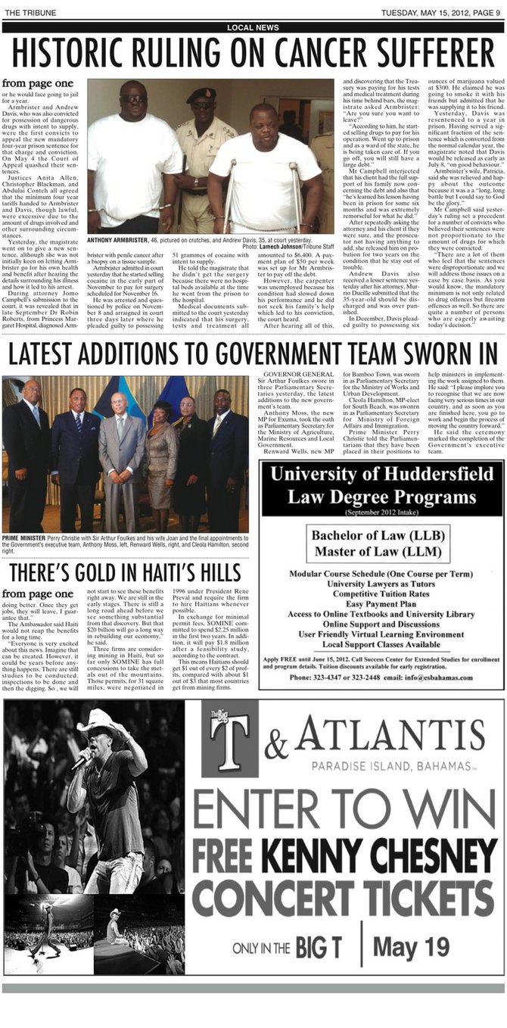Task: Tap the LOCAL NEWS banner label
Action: (253, 27)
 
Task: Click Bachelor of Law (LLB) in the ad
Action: (381, 535)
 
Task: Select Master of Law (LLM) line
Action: (381, 550)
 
